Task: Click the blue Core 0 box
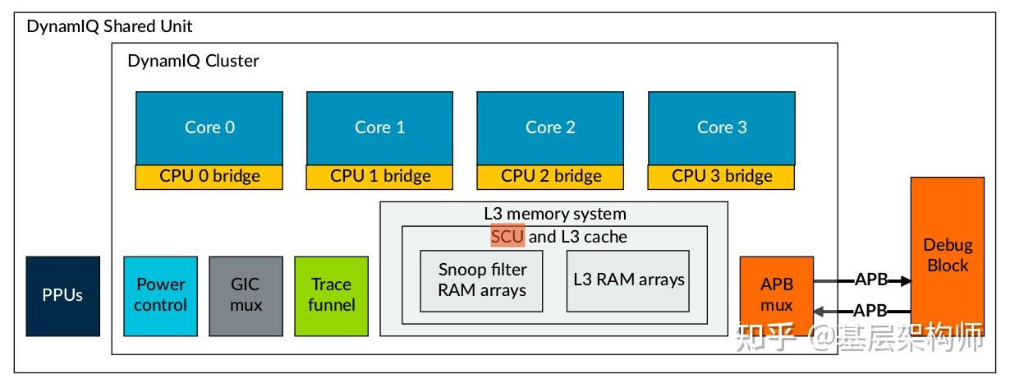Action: [x=209, y=127]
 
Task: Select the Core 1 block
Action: [x=380, y=127]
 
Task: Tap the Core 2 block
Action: [x=550, y=127]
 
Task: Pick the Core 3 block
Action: [x=722, y=127]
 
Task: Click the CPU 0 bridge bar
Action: [x=209, y=176]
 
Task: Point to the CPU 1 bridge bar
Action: [x=380, y=176]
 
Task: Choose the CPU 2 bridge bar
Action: [x=550, y=176]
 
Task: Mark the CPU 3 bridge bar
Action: [x=722, y=176]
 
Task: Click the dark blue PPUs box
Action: [x=63, y=296]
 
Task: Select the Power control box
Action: [x=161, y=296]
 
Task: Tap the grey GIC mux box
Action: [x=246, y=296]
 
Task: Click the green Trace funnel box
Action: [x=332, y=296]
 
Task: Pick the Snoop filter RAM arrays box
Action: [x=481, y=280]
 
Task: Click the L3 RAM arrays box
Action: [x=628, y=280]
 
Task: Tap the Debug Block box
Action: [x=947, y=255]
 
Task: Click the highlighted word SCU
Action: [x=507, y=237]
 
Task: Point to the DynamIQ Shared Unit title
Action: [x=110, y=26]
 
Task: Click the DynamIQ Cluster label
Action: [x=193, y=61]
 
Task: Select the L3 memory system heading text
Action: [x=554, y=214]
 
